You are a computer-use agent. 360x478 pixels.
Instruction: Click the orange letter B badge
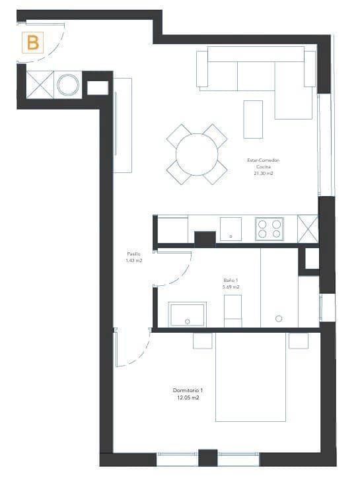tap(32, 43)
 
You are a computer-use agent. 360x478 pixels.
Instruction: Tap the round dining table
tap(197, 154)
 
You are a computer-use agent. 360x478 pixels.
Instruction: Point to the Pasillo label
tap(134, 254)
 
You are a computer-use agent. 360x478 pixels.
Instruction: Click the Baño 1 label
tap(231, 280)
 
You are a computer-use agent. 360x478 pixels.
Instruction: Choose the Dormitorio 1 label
tap(188, 391)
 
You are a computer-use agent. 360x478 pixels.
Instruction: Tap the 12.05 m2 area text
tap(188, 398)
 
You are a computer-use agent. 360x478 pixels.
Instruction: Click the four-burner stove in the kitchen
tap(270, 228)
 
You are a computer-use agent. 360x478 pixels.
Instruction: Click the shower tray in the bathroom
tap(187, 314)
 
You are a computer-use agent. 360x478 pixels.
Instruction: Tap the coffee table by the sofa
tap(253, 119)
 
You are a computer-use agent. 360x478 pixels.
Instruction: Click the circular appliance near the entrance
tap(68, 85)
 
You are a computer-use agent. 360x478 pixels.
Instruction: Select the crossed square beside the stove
tap(308, 228)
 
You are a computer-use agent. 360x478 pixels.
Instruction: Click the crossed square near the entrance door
tap(40, 85)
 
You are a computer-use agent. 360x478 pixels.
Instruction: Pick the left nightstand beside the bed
tap(203, 341)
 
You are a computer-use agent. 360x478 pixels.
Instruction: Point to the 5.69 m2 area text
tap(231, 288)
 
